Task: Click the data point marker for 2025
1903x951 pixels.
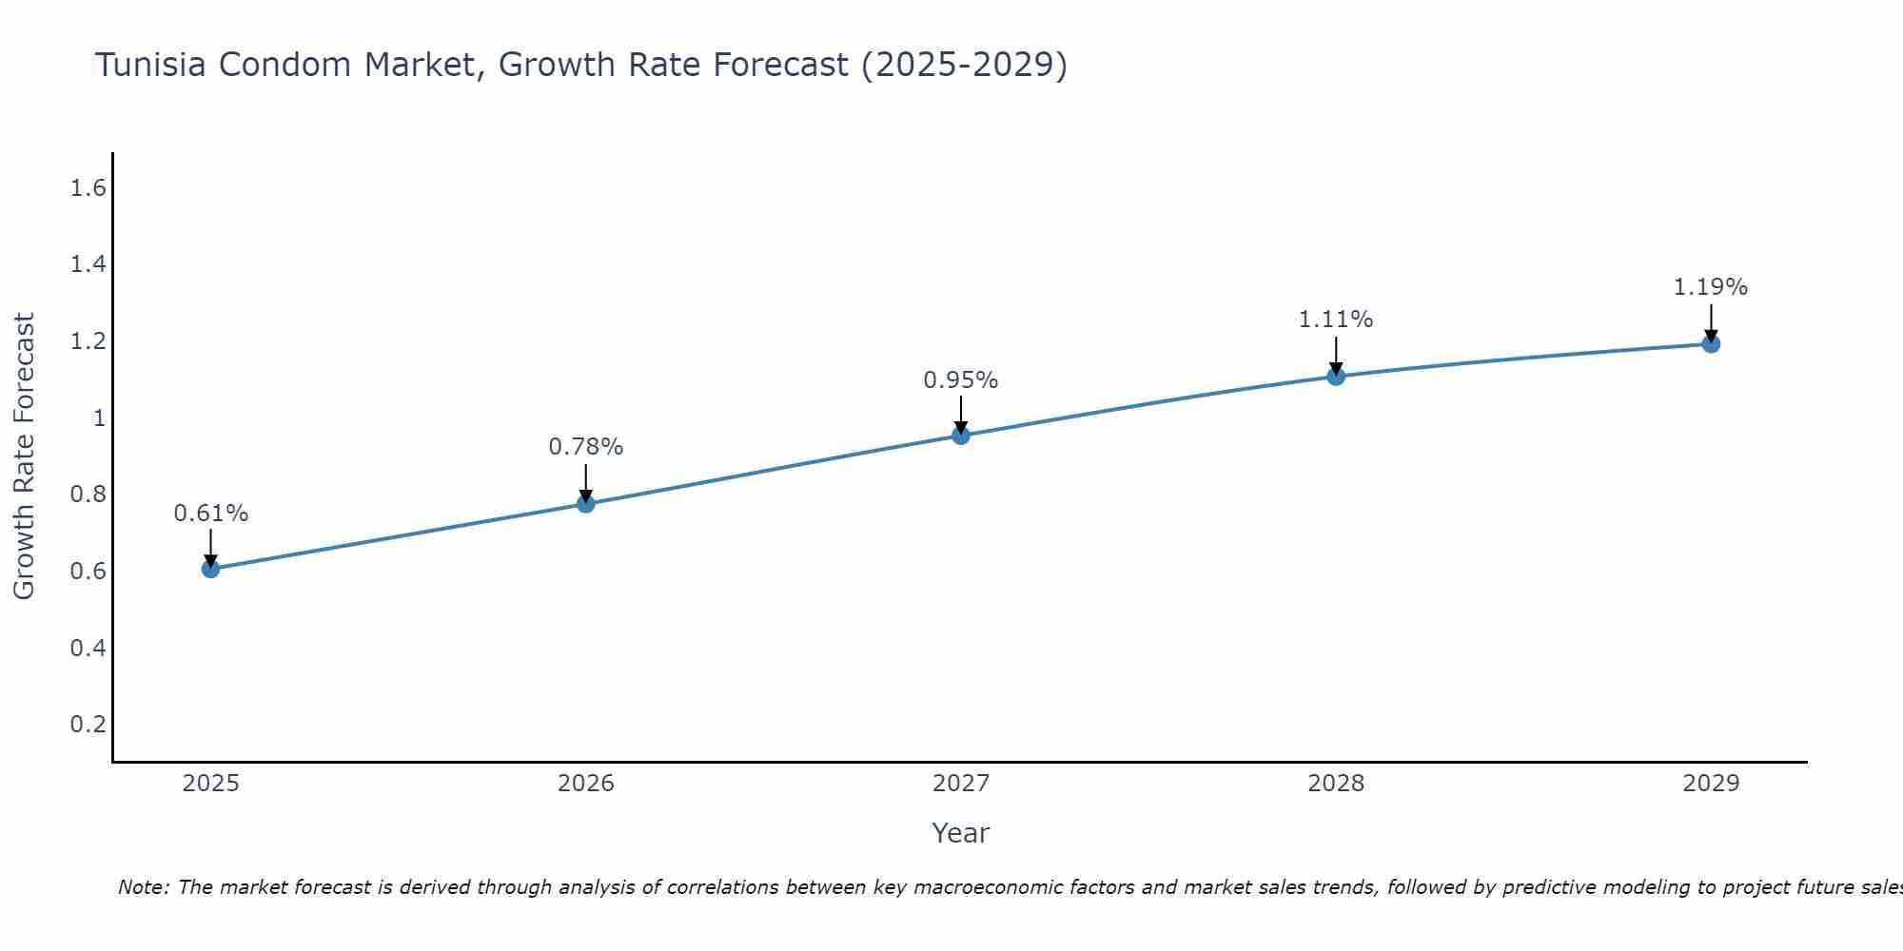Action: click(210, 569)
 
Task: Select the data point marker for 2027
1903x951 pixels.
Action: click(961, 436)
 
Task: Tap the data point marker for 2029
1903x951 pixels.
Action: click(1711, 343)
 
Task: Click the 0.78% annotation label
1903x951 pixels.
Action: click(586, 446)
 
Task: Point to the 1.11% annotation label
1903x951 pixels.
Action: click(1336, 320)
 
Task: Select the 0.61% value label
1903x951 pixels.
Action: click(210, 514)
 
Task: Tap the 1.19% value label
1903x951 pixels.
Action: click(1711, 286)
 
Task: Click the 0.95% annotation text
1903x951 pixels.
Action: click(961, 380)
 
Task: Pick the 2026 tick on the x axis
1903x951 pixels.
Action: click(586, 784)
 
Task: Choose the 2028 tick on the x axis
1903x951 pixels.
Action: click(1336, 784)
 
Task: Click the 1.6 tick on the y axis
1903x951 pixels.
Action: click(88, 188)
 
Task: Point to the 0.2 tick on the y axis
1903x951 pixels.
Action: click(88, 725)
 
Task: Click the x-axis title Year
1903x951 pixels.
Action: click(961, 833)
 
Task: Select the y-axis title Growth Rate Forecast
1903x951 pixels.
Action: click(25, 456)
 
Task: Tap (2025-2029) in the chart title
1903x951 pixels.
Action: click(964, 65)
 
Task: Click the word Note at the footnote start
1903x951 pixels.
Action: click(143, 887)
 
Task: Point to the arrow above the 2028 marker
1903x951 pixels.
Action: click(1336, 357)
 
